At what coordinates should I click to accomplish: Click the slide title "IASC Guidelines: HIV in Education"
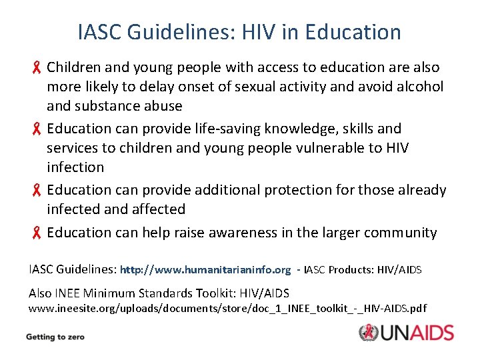coord(239,31)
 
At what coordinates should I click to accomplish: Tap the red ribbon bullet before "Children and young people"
coord(38,67)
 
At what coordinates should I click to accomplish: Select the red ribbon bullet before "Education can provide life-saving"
coord(38,129)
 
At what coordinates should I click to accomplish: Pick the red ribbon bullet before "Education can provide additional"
coord(38,190)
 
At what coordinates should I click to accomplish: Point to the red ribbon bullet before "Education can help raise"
coord(38,233)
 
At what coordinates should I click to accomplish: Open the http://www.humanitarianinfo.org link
coord(205,270)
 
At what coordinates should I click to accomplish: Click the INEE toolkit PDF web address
coord(227,309)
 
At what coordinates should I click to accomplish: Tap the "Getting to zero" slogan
coord(55,337)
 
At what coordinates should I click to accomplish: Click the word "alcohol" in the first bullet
coord(419,87)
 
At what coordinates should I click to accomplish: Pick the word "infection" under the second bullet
coord(75,167)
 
